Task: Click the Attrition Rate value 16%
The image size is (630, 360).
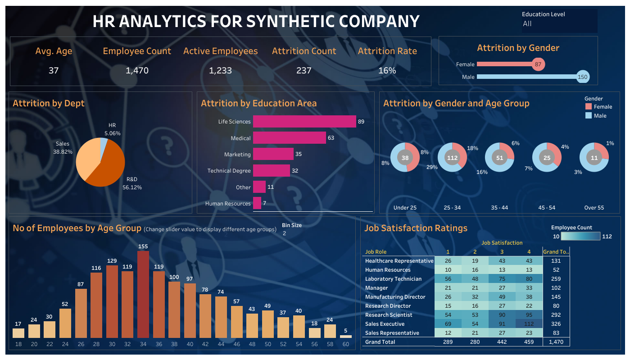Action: [x=387, y=70]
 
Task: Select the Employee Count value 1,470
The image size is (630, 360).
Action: [x=137, y=70]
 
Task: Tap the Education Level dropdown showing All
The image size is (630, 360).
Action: [x=559, y=24]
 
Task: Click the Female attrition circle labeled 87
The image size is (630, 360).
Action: [x=538, y=64]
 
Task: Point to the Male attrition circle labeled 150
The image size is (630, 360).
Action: [x=583, y=77]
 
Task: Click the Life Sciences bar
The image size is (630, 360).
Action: [x=304, y=122]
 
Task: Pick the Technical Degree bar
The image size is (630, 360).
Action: [x=271, y=171]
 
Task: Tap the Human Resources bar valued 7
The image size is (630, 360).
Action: [x=257, y=203]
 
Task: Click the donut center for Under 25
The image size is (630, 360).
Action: [x=405, y=158]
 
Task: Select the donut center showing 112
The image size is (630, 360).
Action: [x=452, y=158]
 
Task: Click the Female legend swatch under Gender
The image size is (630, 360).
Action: [x=588, y=107]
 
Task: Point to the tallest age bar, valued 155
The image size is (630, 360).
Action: [x=143, y=294]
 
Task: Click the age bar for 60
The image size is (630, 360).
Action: [x=346, y=336]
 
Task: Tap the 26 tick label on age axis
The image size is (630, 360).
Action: [x=81, y=344]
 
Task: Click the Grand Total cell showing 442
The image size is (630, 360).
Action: [x=502, y=342]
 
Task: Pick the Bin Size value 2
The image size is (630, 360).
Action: [x=285, y=233]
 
